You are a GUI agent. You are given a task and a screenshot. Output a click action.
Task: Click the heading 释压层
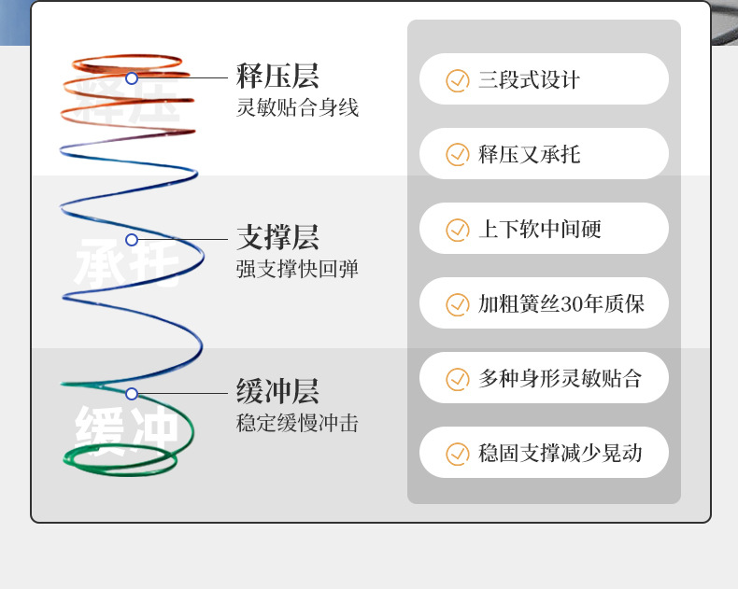pos(277,77)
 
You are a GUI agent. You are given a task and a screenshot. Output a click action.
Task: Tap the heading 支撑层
pos(277,237)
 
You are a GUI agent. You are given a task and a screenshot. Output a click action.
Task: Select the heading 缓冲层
pos(277,391)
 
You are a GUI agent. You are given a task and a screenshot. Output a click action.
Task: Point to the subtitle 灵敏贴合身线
pos(297,108)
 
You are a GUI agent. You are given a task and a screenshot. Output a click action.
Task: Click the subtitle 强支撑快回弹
pos(297,270)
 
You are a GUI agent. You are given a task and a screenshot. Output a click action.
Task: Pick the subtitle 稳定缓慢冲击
pos(297,424)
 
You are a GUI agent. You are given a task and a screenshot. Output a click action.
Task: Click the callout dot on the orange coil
pos(132,78)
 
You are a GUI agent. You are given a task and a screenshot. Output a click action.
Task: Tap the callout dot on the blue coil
pos(132,240)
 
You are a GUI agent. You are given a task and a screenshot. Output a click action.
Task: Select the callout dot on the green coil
pos(132,394)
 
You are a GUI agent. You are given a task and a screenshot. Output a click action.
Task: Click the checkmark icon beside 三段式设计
pos(457,80)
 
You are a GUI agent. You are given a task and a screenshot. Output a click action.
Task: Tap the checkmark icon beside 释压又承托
pos(457,155)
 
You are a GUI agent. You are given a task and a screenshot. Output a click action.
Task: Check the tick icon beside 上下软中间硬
pos(457,230)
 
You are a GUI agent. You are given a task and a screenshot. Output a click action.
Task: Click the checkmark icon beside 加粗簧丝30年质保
pos(457,304)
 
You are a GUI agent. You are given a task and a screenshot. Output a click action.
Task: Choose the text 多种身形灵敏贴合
pos(561,379)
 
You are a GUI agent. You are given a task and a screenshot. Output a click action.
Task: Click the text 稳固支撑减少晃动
pos(561,454)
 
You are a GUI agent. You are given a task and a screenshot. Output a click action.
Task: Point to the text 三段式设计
pos(529,80)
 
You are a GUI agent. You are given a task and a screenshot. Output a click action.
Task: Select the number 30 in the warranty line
pos(573,304)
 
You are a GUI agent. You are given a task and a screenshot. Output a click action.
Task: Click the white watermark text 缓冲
pos(125,428)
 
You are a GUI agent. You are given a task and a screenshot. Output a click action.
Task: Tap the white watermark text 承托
pos(125,264)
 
